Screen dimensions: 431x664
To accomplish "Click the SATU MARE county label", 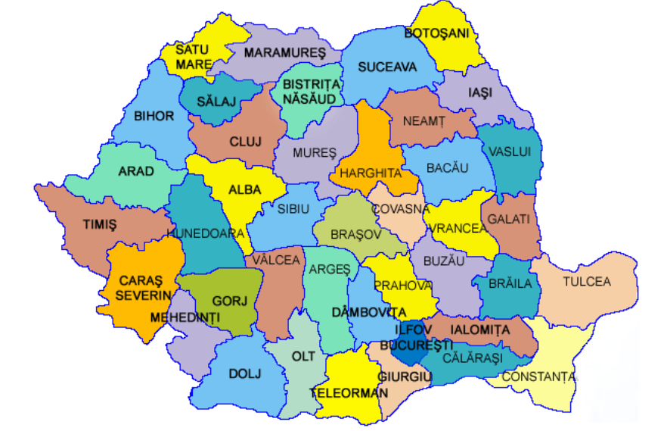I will tap(194, 57).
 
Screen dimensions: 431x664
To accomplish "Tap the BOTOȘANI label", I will tap(437, 33).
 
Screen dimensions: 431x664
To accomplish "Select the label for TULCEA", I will tap(586, 282).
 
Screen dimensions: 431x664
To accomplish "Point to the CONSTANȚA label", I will tap(538, 376).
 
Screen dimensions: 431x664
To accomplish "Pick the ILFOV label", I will tap(412, 329).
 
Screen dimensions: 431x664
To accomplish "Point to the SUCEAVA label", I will tap(387, 67).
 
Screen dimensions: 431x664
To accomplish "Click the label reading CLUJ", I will tap(244, 141).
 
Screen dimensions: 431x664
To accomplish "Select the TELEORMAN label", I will tap(349, 392).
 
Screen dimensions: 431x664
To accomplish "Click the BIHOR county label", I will tap(154, 116).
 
